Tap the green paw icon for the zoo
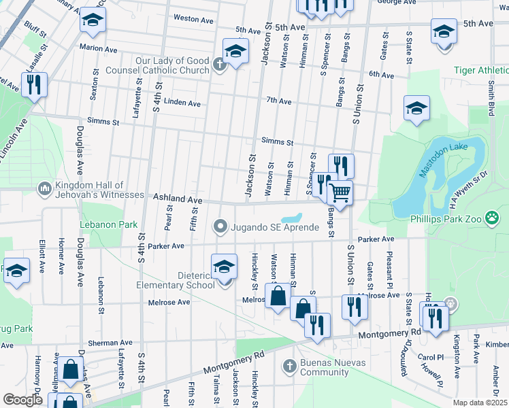[493, 218]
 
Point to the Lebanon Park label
[109, 224]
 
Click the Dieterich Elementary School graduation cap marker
[224, 267]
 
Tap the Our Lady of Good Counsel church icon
[218, 65]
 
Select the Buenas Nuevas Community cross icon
[289, 365]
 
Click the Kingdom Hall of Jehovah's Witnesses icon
[46, 187]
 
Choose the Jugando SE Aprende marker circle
[220, 226]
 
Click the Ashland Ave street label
[178, 199]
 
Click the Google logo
[22, 400]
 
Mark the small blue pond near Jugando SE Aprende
[293, 218]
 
